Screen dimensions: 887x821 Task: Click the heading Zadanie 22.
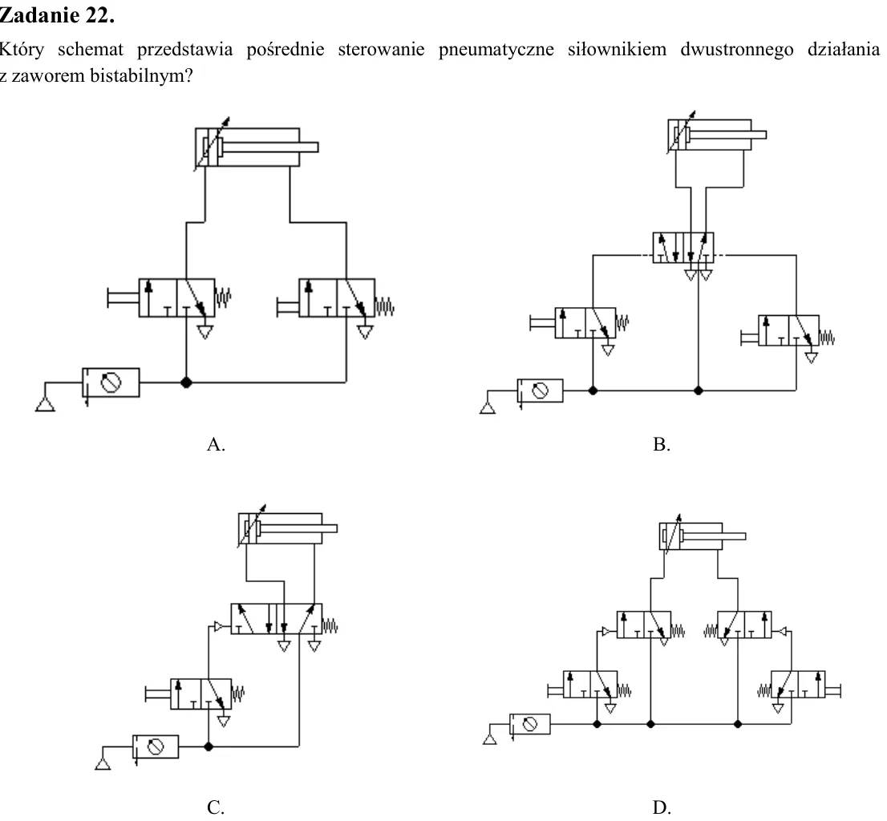tap(57, 14)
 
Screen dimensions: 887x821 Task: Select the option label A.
tap(216, 444)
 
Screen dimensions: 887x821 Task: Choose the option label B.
tap(662, 444)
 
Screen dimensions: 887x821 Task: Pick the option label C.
tap(216, 807)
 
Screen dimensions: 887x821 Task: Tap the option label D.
tap(662, 807)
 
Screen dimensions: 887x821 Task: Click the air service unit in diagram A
tap(111, 382)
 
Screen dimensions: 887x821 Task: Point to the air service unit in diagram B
tap(541, 390)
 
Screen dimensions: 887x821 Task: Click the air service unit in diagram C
tap(156, 747)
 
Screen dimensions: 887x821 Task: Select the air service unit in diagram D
tap(530, 724)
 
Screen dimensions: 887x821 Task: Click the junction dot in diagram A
tap(186, 382)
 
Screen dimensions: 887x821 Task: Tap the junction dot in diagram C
tap(209, 746)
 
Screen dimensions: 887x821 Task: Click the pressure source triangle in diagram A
tap(45, 404)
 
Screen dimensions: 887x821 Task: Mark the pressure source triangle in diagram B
tap(488, 407)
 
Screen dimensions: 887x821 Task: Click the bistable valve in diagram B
tap(682, 248)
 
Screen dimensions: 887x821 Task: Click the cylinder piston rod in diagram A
tap(270, 147)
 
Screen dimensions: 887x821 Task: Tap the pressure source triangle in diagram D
tap(490, 738)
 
